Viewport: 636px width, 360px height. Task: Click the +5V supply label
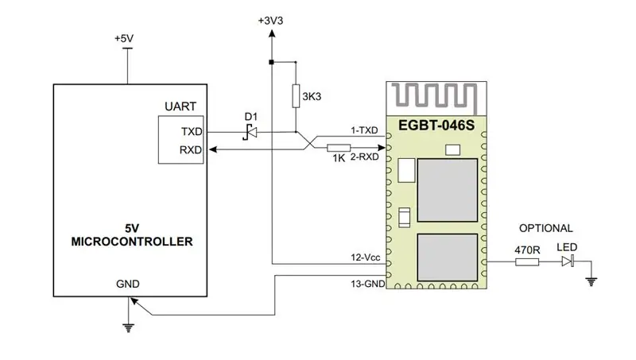(124, 38)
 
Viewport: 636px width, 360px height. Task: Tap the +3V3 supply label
(270, 21)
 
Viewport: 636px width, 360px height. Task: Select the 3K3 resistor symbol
(296, 96)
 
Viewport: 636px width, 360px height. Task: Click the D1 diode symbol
(251, 132)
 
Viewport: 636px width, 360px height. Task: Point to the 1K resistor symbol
(339, 148)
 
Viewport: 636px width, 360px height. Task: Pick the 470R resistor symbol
(527, 262)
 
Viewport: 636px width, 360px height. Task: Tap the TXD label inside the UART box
(192, 132)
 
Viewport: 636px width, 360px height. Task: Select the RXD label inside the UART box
(191, 150)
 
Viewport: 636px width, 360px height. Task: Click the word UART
(180, 106)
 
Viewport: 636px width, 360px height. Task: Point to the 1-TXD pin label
(364, 130)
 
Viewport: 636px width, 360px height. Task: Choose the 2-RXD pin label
(365, 157)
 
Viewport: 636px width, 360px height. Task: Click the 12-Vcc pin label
(366, 257)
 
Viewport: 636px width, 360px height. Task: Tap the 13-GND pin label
(368, 284)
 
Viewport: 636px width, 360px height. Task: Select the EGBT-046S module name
(436, 126)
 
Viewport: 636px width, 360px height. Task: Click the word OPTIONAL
(546, 228)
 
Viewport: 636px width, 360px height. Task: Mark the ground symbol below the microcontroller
(129, 327)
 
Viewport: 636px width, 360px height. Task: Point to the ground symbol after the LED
(591, 281)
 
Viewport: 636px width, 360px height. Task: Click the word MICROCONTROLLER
(132, 242)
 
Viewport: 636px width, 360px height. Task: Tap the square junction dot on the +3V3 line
(271, 62)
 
